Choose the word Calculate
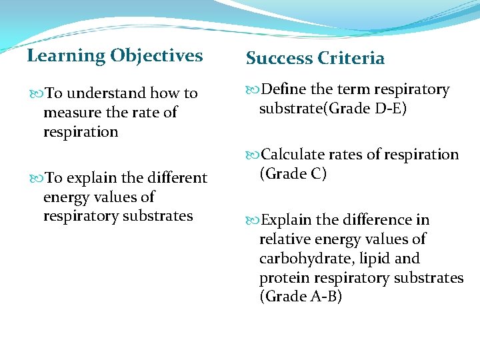point(292,155)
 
